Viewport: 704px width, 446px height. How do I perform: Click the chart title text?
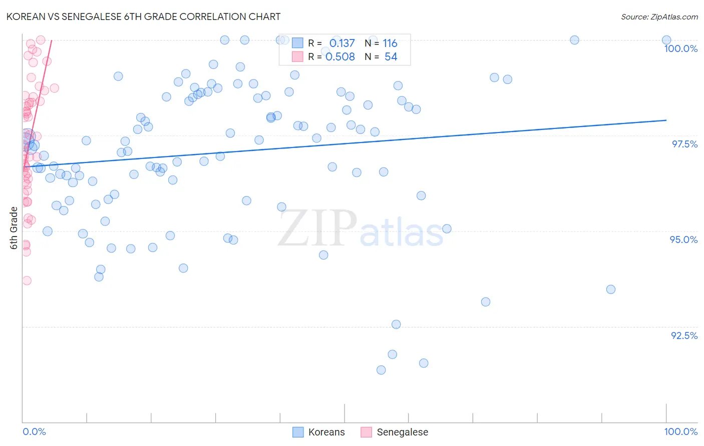click(x=143, y=16)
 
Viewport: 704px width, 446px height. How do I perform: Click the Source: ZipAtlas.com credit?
click(x=659, y=16)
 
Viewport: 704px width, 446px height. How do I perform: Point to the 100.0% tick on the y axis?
click(x=680, y=48)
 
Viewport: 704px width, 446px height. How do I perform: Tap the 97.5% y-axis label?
click(x=684, y=144)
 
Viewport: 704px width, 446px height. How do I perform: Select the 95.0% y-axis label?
click(x=683, y=239)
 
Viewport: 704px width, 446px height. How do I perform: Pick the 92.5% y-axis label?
click(x=684, y=335)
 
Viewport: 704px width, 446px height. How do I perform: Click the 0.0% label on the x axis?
click(x=34, y=431)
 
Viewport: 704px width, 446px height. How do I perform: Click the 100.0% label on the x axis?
click(x=680, y=431)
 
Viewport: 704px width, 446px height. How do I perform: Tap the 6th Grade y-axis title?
click(x=14, y=228)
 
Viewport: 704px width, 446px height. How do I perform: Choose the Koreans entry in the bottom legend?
click(x=326, y=432)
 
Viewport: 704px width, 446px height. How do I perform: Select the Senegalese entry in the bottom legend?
click(x=402, y=432)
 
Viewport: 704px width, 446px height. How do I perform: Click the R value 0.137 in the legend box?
click(x=342, y=43)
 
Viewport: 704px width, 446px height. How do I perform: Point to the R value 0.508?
click(x=340, y=57)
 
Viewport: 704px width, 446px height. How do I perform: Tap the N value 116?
click(x=390, y=43)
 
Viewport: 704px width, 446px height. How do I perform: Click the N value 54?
click(x=391, y=57)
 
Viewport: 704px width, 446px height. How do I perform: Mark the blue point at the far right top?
click(x=666, y=40)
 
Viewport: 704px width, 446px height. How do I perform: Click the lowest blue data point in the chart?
click(x=381, y=370)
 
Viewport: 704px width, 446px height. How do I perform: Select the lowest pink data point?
click(x=27, y=280)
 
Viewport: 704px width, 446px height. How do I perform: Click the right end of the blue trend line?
click(x=666, y=120)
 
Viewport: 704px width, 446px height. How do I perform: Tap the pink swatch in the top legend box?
click(x=297, y=57)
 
